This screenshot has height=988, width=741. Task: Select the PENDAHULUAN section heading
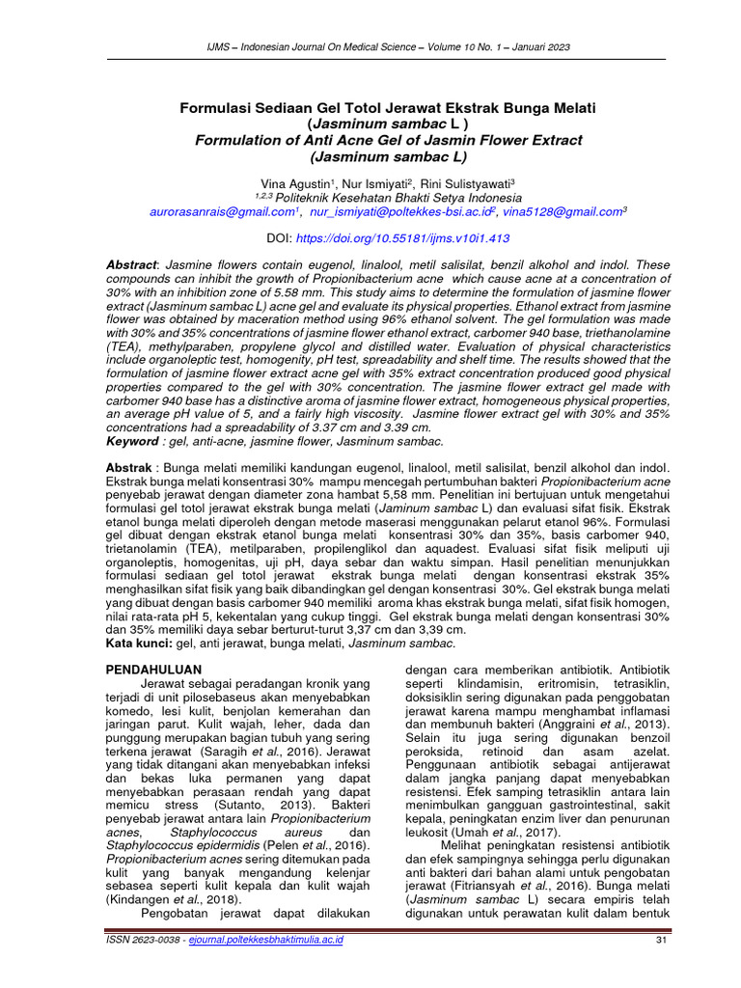point(152,669)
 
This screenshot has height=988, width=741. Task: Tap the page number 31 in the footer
point(661,940)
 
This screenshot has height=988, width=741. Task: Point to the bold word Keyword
point(131,441)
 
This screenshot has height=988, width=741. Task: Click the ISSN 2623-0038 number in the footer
point(145,940)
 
